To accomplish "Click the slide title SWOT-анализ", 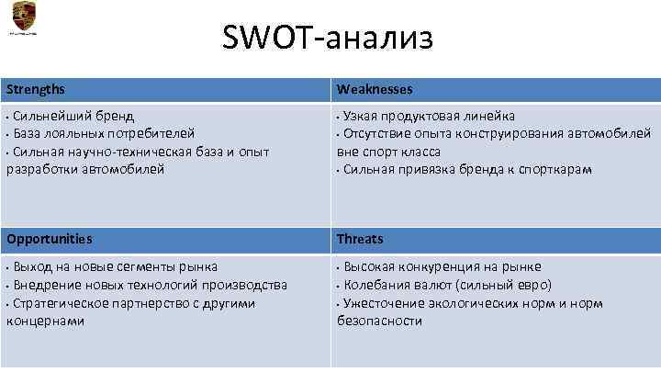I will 327,38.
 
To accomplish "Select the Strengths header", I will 37,89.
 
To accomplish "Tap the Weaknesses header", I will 375,89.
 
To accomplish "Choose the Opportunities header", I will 49,239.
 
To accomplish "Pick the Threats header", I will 360,239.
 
